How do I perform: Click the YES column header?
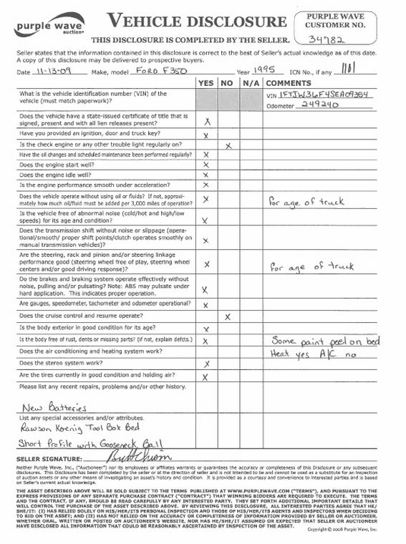(206, 83)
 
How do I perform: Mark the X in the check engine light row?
(227, 145)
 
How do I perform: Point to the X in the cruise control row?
(227, 316)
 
